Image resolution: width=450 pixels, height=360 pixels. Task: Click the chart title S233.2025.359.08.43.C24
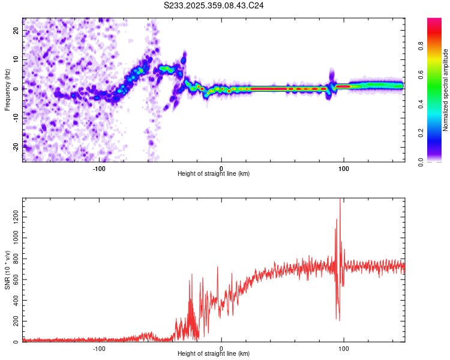pos(214,5)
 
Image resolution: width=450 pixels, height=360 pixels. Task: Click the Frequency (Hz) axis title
pos(7,89)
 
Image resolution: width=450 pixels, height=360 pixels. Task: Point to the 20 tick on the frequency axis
pos(16,32)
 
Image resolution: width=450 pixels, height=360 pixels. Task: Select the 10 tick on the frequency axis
pos(16,61)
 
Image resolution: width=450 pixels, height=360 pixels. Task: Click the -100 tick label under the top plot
pos(99,169)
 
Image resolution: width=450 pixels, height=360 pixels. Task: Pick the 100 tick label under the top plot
pos(344,169)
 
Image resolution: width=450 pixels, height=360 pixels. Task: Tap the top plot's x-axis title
pos(214,174)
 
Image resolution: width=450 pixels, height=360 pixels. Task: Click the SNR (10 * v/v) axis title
pos(7,269)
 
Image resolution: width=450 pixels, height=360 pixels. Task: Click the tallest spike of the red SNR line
pos(340,200)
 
